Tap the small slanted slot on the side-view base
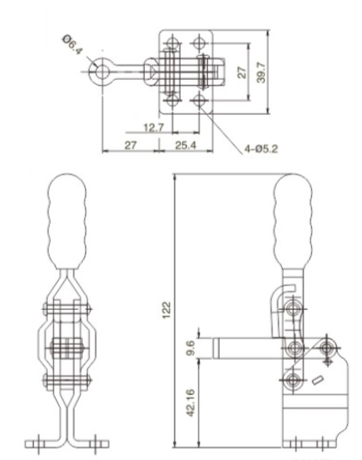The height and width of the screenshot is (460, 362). [x=318, y=381]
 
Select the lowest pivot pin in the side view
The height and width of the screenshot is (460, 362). [x=291, y=381]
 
